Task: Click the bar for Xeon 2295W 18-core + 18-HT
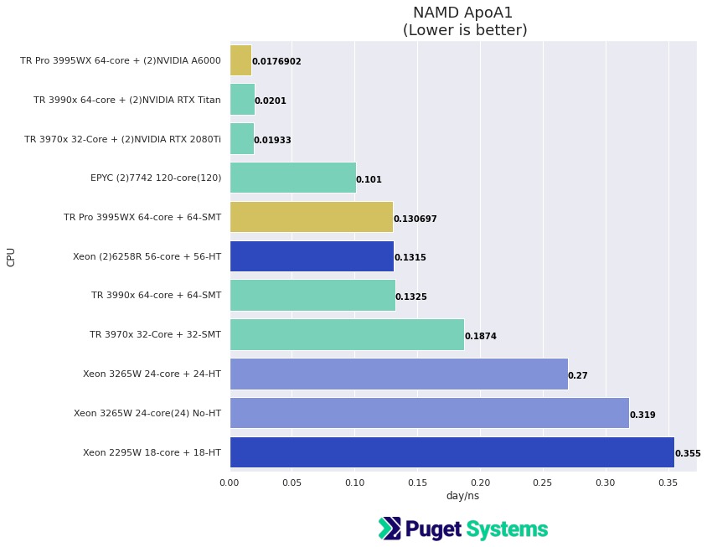click(x=452, y=452)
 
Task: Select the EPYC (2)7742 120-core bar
click(x=292, y=178)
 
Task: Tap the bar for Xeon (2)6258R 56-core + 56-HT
click(x=312, y=256)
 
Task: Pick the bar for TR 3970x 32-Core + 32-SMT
click(x=347, y=334)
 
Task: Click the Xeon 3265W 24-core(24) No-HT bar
click(x=429, y=413)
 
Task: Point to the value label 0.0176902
click(x=276, y=61)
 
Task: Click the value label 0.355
click(x=688, y=453)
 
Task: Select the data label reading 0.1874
click(x=481, y=336)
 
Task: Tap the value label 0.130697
click(x=415, y=219)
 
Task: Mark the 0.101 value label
click(x=369, y=179)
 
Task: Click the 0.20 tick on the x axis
click(x=480, y=482)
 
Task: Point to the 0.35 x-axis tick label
click(x=668, y=482)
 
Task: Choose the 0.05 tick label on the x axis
click(x=292, y=482)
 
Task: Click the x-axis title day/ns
click(x=462, y=496)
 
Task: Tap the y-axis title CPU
click(x=11, y=256)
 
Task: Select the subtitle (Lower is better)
click(x=465, y=31)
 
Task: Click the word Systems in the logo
click(x=507, y=529)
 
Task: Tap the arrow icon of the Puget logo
click(x=390, y=529)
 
